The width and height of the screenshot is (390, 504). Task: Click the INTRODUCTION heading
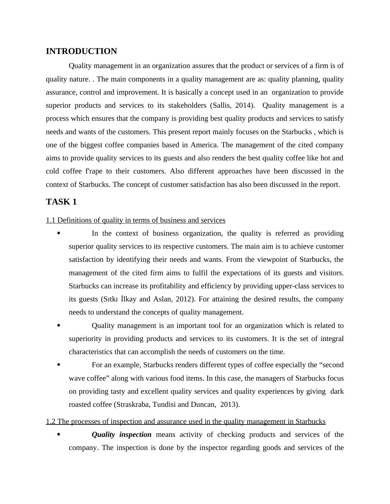tap(81, 51)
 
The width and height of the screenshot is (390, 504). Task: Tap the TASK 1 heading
tap(61, 202)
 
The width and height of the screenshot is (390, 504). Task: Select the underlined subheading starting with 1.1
tap(135, 220)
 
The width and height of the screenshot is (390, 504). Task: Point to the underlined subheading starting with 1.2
tap(185, 422)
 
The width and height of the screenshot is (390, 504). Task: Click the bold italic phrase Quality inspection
tap(121, 435)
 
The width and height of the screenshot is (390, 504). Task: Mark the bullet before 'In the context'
tap(59, 233)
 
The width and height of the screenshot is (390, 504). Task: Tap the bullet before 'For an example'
tap(59, 365)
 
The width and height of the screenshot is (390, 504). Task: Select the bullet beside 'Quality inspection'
tap(59, 435)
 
